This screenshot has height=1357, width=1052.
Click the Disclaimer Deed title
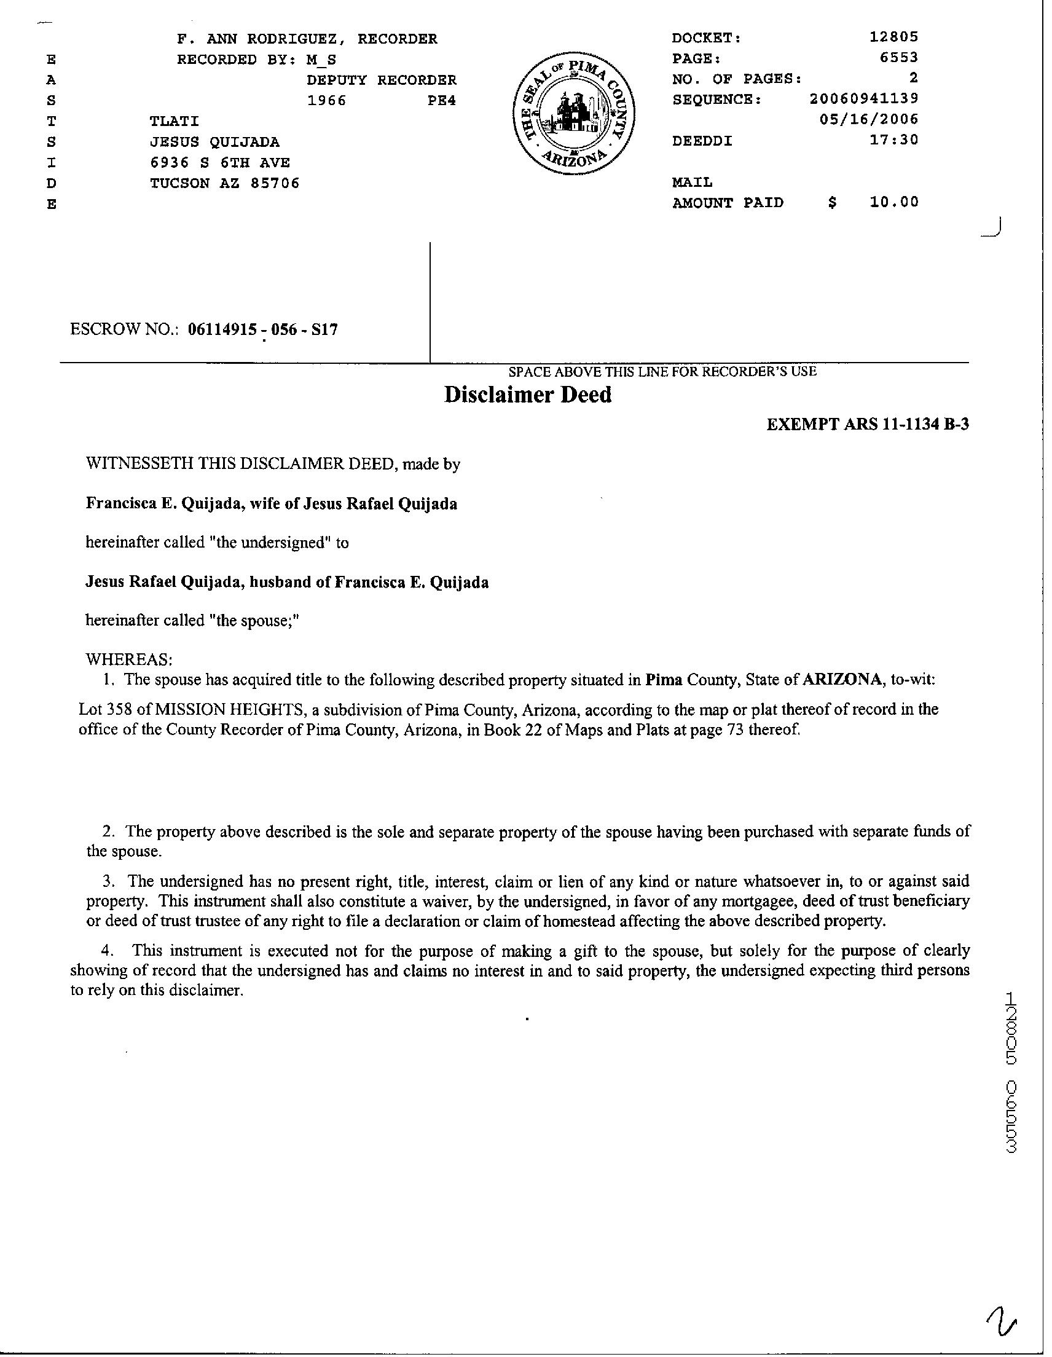pyautogui.click(x=528, y=395)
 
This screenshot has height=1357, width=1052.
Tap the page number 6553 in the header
pyautogui.click(x=898, y=58)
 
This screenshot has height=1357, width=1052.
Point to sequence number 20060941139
pyautogui.click(x=864, y=99)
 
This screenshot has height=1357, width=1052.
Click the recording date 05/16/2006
pyautogui.click(x=869, y=119)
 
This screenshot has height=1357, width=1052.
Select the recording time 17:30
pyautogui.click(x=898, y=140)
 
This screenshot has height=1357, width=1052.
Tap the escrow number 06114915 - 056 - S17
pyautogui.click(x=263, y=329)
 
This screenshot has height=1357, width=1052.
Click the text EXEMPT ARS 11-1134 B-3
pyautogui.click(x=868, y=425)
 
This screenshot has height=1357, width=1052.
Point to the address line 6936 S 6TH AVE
pyautogui.click(x=220, y=163)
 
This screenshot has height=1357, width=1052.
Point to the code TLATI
pyautogui.click(x=175, y=121)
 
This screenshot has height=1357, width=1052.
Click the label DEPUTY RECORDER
pyautogui.click(x=382, y=80)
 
